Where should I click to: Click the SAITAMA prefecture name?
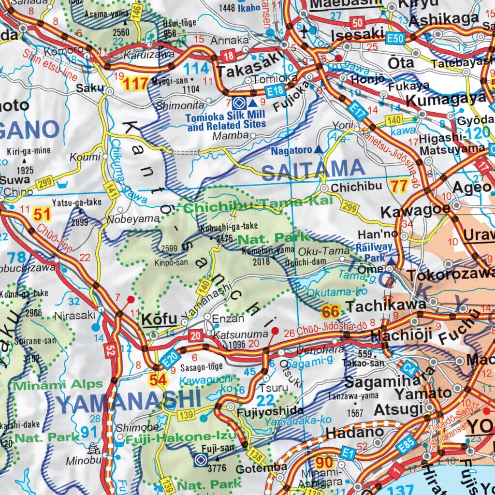click(x=313, y=169)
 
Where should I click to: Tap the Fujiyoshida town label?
click(x=270, y=412)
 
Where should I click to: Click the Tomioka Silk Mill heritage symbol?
click(x=237, y=103)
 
